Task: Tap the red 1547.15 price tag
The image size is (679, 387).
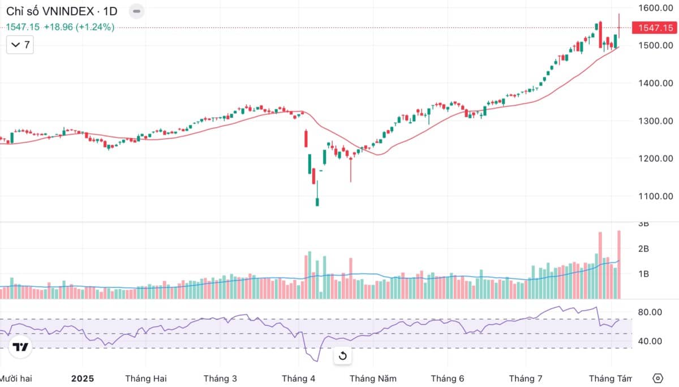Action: coord(655,28)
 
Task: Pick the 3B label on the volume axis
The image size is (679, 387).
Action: coord(643,224)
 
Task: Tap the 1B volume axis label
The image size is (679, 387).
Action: coord(643,274)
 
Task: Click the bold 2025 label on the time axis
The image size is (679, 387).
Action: coord(83,379)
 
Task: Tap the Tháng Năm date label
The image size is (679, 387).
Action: coord(373,379)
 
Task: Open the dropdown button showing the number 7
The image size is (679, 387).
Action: coord(20,45)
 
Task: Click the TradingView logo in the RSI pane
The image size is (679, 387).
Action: coord(21,347)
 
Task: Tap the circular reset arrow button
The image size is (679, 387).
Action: coord(342,356)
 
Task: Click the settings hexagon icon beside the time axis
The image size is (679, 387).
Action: coord(657,378)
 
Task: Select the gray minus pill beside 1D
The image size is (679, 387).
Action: coord(136,11)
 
